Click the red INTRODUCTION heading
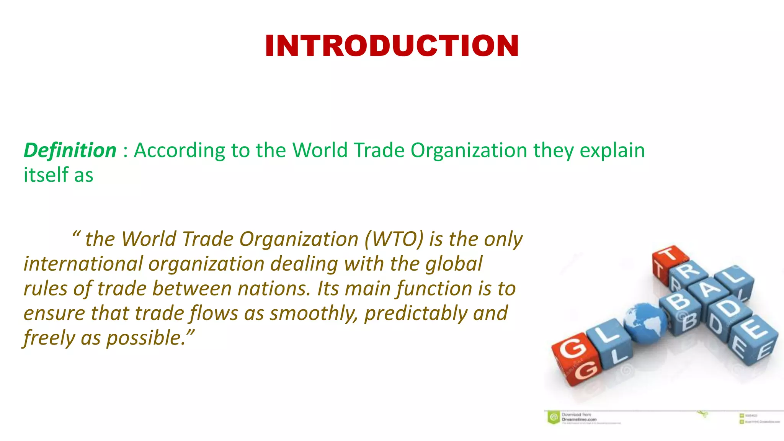(x=392, y=46)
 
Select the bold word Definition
(x=70, y=150)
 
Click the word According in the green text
(x=179, y=150)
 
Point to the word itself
(x=46, y=175)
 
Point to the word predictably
(x=415, y=314)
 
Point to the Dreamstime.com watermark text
(x=579, y=419)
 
